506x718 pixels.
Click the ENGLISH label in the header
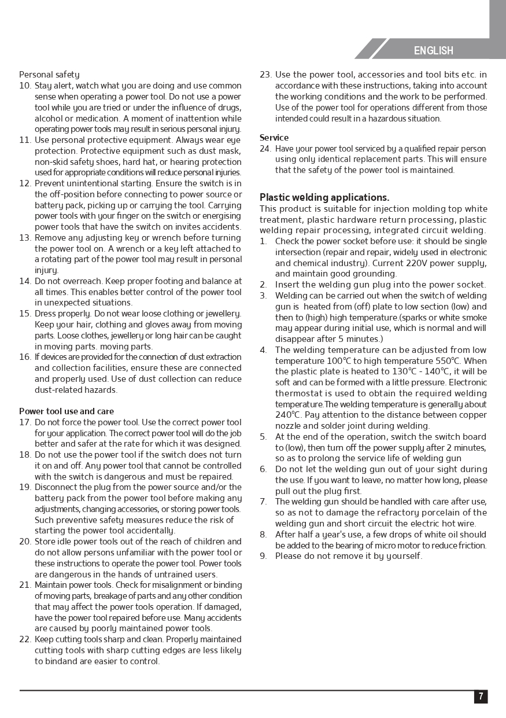[433, 51]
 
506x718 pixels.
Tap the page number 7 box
[481, 697]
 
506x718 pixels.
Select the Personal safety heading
[49, 75]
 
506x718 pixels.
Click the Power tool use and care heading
[67, 411]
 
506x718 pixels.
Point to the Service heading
[274, 138]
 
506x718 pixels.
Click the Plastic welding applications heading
[324, 197]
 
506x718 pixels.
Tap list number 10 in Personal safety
[25, 86]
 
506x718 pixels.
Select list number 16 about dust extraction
[25, 357]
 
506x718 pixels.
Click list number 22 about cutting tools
[25, 639]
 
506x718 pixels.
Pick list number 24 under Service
[265, 149]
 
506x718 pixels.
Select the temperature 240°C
[288, 415]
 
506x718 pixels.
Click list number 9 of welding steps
[263, 556]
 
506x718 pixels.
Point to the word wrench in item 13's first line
[182, 238]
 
